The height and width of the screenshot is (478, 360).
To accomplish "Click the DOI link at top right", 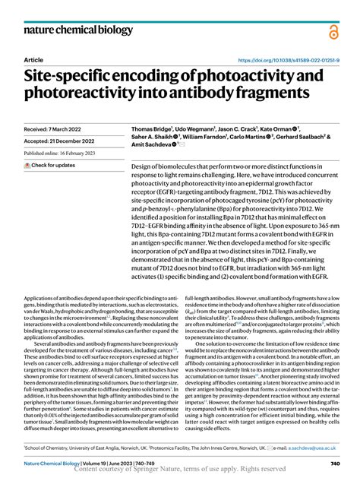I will (x=289, y=59).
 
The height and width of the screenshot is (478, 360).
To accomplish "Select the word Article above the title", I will (x=33, y=59).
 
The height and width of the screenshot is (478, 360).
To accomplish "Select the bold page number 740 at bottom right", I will (x=335, y=464).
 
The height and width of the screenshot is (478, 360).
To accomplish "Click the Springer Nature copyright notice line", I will (x=178, y=470).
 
